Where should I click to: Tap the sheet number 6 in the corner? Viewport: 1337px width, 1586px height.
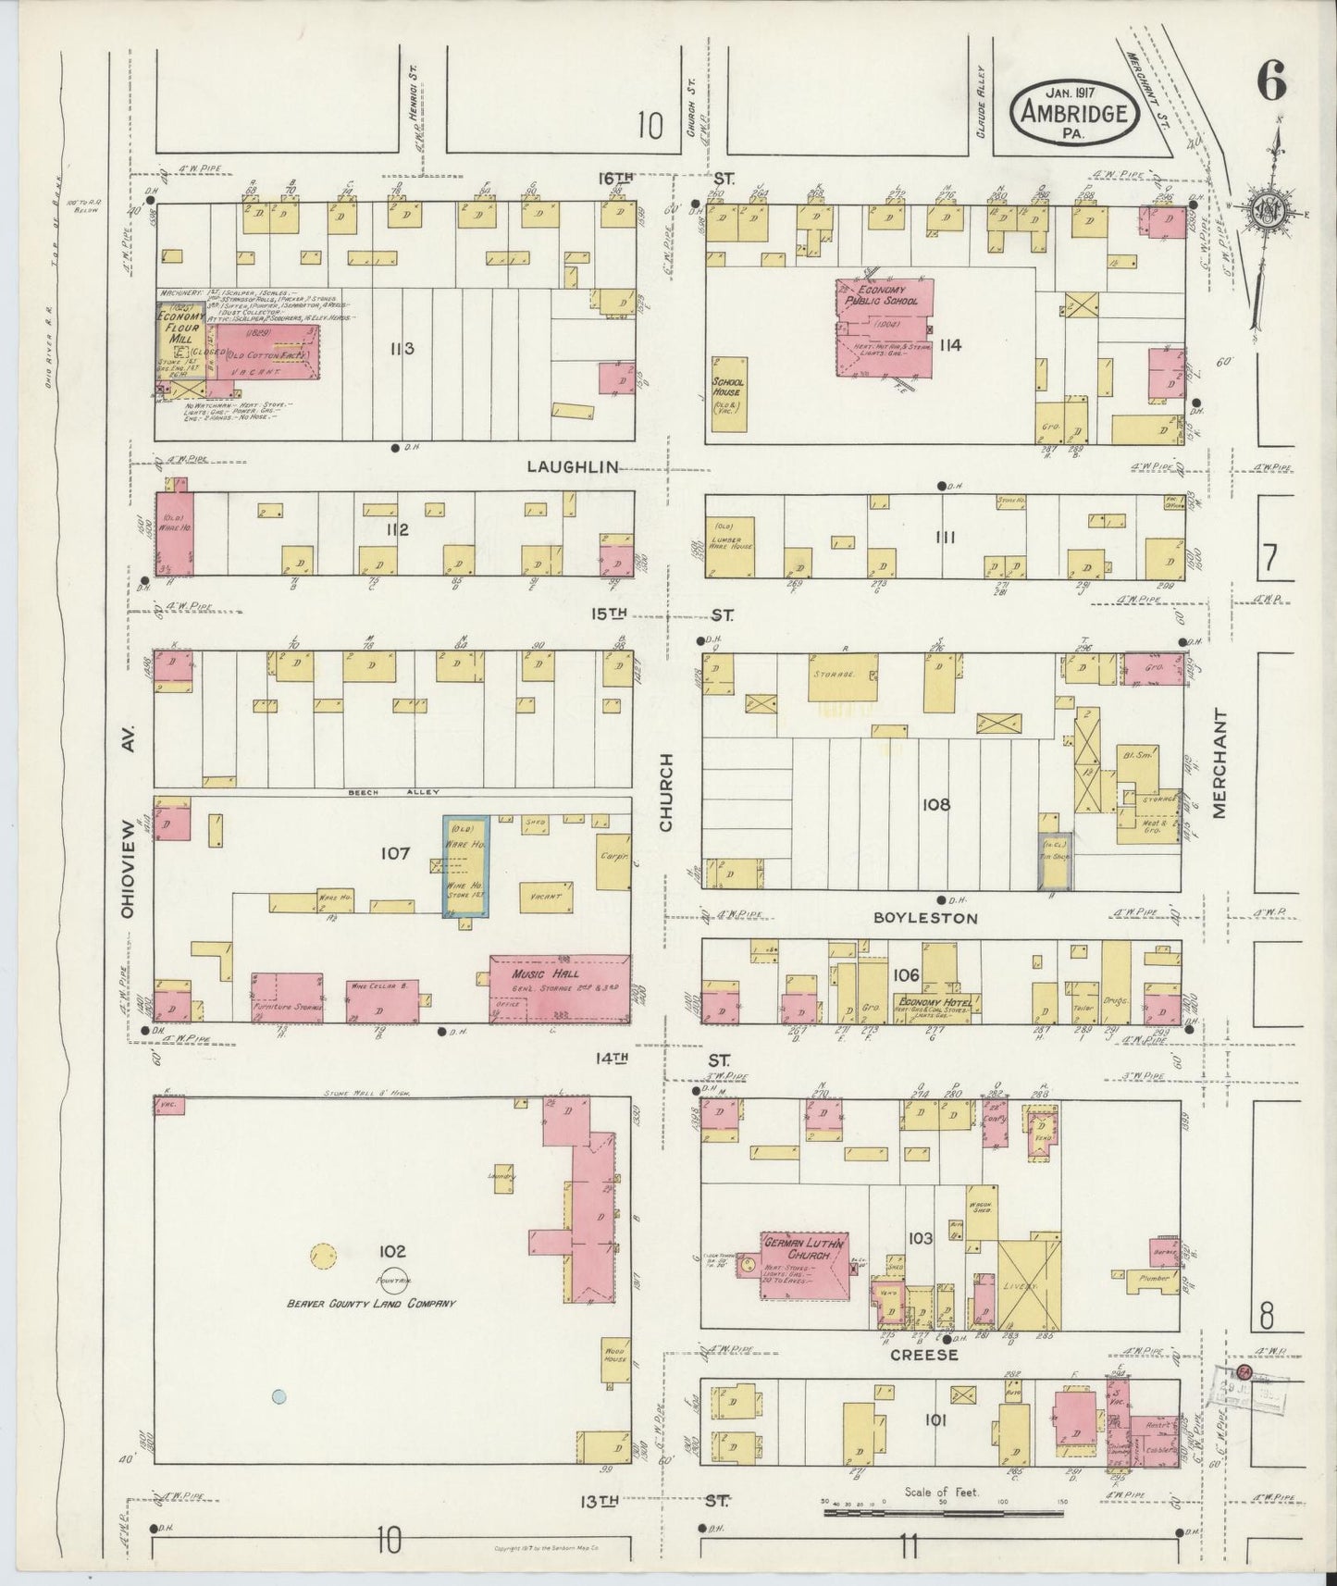(x=1270, y=84)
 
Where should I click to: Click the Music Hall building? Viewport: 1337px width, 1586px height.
(x=560, y=988)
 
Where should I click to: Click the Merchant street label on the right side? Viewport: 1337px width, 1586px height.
(x=1219, y=763)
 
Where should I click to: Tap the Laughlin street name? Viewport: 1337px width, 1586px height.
(x=572, y=467)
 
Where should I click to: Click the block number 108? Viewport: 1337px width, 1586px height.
(x=935, y=804)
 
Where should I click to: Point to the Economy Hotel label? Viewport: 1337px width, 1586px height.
(x=934, y=1001)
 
